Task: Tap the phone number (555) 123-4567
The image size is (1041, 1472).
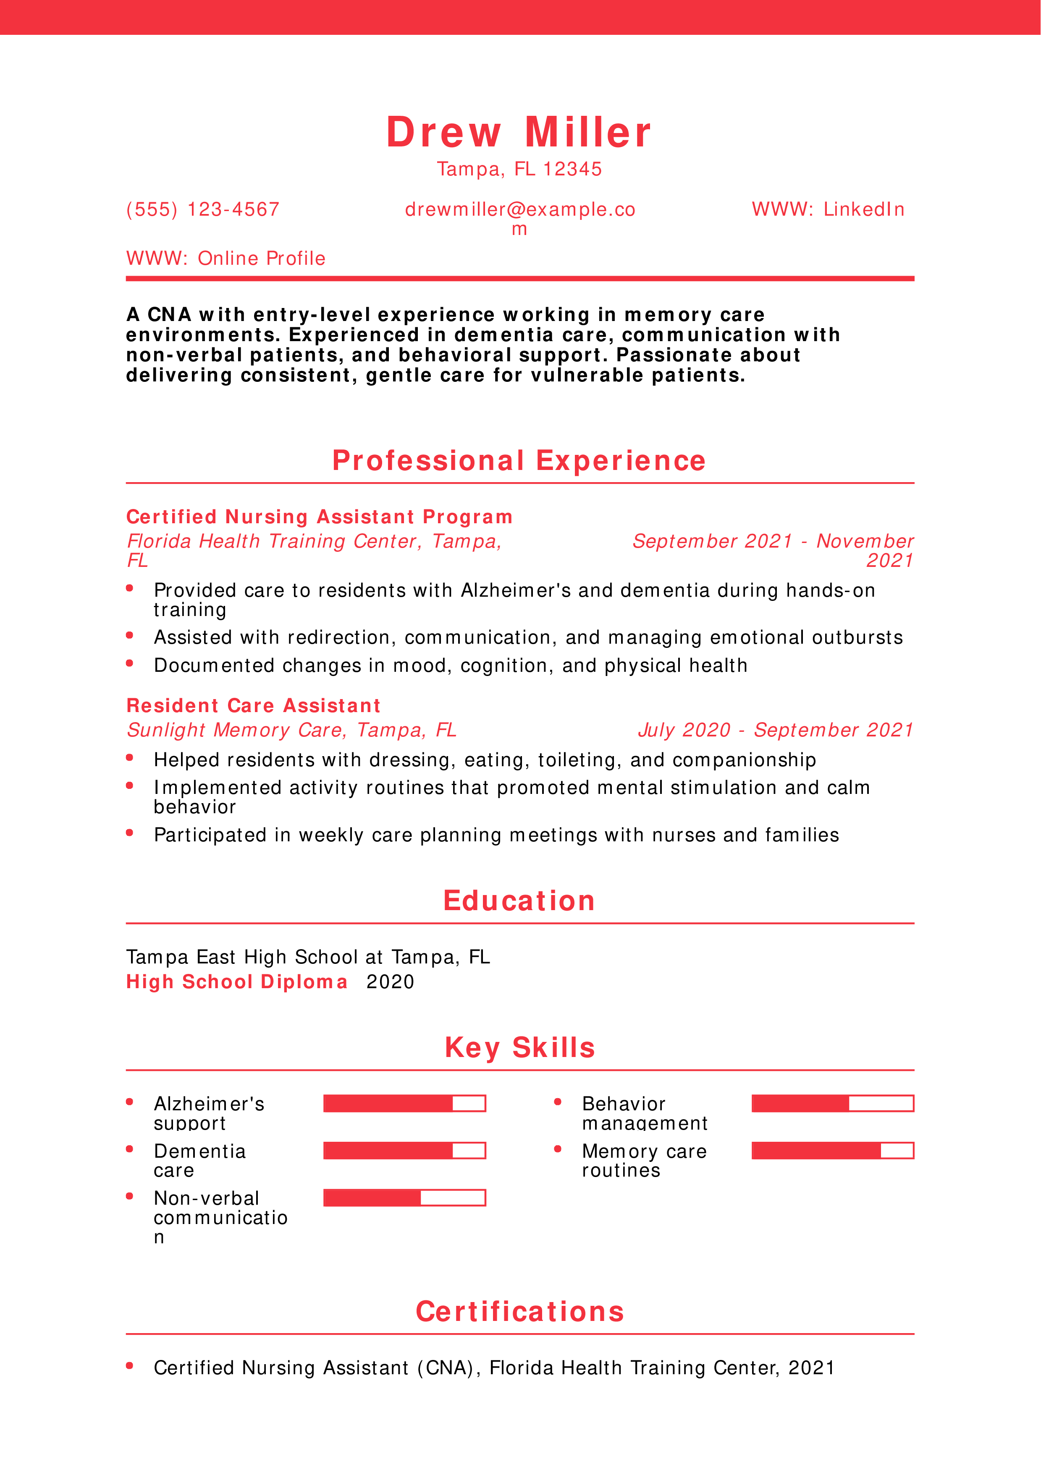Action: [203, 210]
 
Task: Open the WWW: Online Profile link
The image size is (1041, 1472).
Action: [226, 258]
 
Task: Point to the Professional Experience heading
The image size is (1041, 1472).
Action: [519, 461]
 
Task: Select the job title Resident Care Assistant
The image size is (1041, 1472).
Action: [253, 706]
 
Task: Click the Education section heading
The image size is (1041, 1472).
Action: [519, 901]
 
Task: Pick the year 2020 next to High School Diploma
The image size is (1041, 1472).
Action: [390, 982]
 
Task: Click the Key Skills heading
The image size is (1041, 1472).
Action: [519, 1048]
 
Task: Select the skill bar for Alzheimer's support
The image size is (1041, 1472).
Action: [404, 1103]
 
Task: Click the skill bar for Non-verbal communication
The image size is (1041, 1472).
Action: [404, 1198]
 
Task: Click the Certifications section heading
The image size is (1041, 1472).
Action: [519, 1312]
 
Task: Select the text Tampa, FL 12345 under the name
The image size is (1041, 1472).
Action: [519, 169]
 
